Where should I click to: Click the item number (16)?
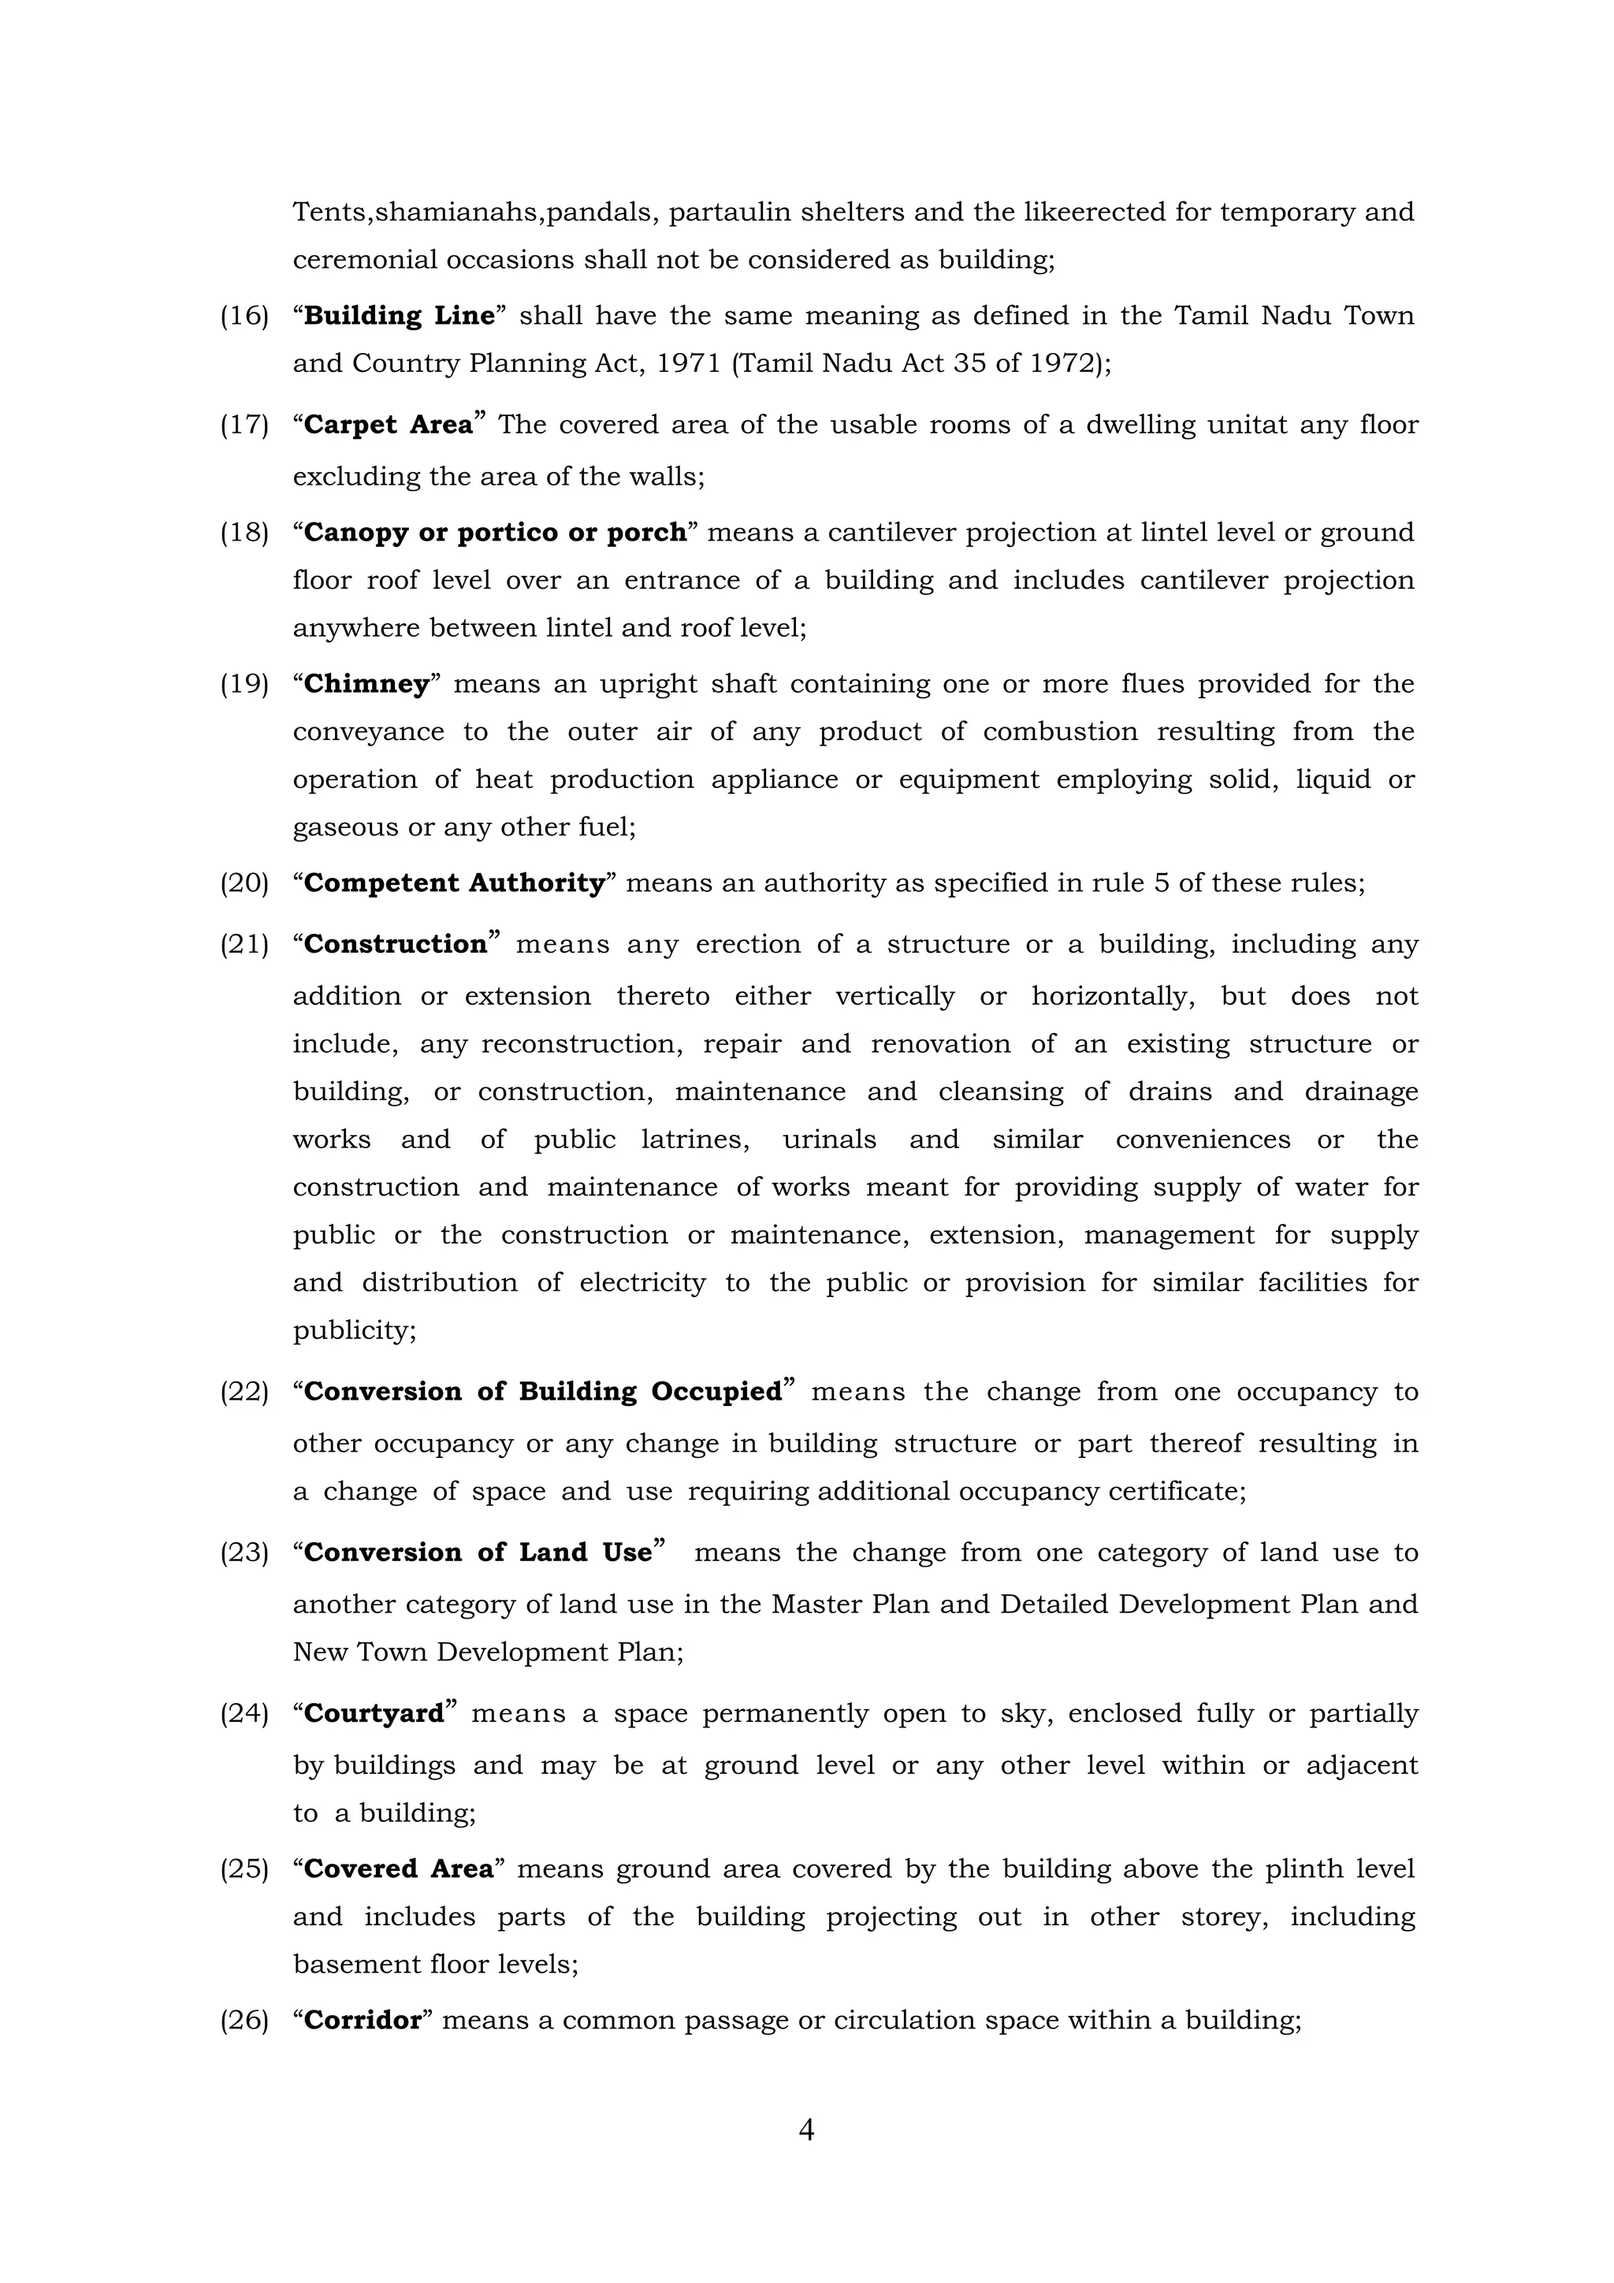pyautogui.click(x=244, y=316)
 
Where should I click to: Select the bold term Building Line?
pyautogui.click(x=399, y=315)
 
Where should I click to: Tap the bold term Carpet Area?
pyautogui.click(x=388, y=425)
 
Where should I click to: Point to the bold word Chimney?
pyautogui.click(x=366, y=684)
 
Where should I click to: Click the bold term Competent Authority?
pyautogui.click(x=453, y=883)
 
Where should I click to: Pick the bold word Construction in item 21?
pyautogui.click(x=395, y=943)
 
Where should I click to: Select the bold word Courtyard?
pyautogui.click(x=373, y=1714)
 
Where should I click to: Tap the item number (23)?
pyautogui.click(x=244, y=1553)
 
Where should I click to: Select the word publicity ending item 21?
pyautogui.click(x=354, y=1330)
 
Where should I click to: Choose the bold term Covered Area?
pyautogui.click(x=398, y=1869)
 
